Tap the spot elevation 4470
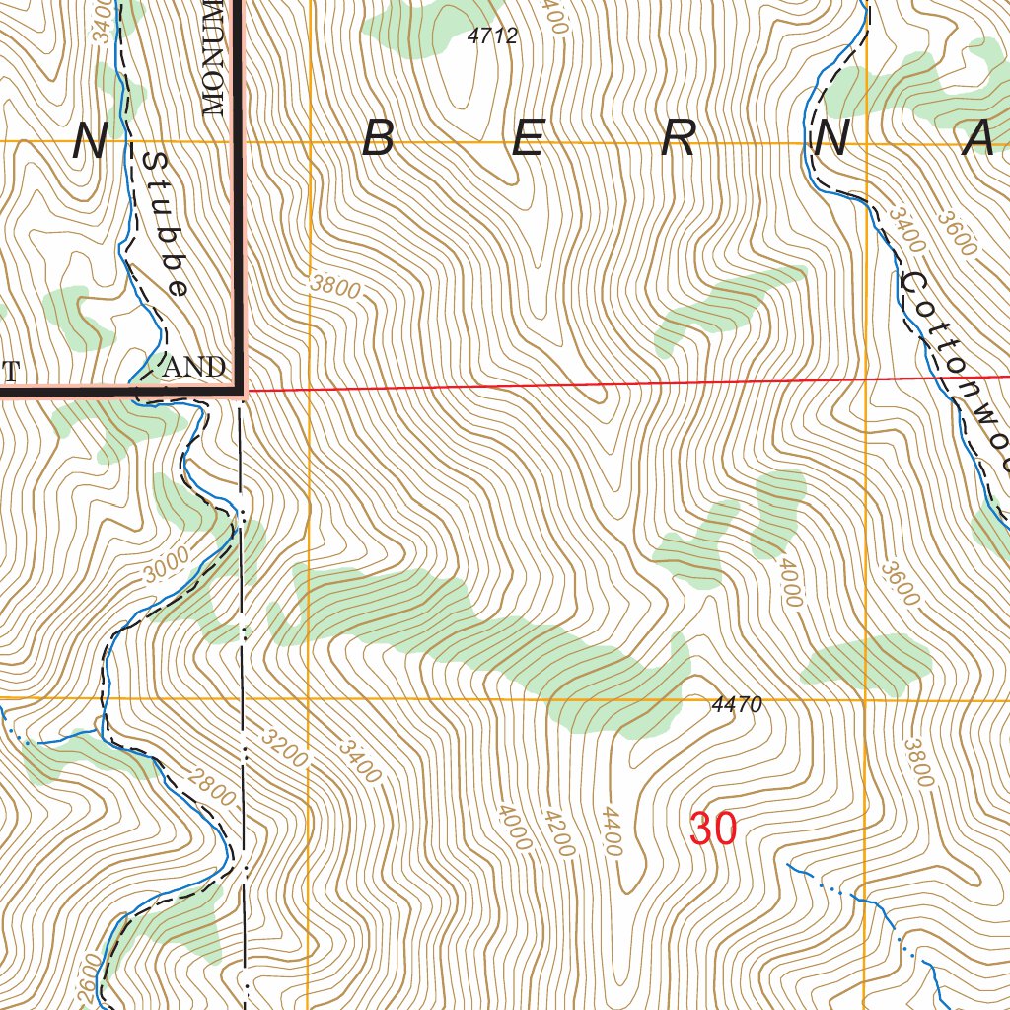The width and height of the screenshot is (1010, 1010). tap(736, 705)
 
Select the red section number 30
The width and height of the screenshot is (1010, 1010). tap(713, 830)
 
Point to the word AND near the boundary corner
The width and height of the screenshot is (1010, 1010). tap(194, 368)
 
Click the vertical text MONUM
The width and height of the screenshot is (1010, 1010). tap(214, 57)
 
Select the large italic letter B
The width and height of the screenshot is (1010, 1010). tap(379, 140)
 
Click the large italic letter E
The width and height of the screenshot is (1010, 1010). tap(528, 140)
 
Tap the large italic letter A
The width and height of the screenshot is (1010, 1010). tap(978, 140)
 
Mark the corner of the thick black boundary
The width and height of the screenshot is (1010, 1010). tap(239, 392)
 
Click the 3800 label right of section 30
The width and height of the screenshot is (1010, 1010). tap(917, 762)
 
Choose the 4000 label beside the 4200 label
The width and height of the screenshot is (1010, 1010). tap(514, 827)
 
